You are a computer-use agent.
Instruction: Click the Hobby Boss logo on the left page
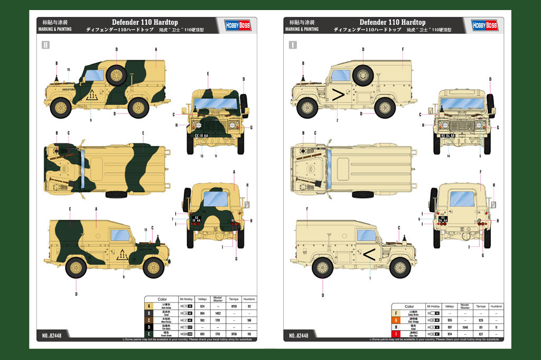coord(237,25)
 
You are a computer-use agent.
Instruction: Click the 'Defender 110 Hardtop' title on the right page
coord(392,22)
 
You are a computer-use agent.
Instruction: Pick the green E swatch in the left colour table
coord(148,334)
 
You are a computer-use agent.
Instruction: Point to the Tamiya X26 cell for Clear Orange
coord(481,320)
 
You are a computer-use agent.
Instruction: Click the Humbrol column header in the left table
coord(249,300)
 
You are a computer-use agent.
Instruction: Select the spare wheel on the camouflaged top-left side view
coord(117,75)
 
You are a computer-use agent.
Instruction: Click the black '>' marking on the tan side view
coord(338,96)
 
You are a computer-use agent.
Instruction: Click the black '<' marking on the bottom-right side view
coord(369,255)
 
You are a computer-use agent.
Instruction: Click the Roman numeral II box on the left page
coord(45,45)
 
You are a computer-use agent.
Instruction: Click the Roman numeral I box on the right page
coord(293,45)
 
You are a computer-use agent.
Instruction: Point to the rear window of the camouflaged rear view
coord(216,199)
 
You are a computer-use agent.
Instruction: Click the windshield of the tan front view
coord(462,103)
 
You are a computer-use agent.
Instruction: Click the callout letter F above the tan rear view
coord(480,172)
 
